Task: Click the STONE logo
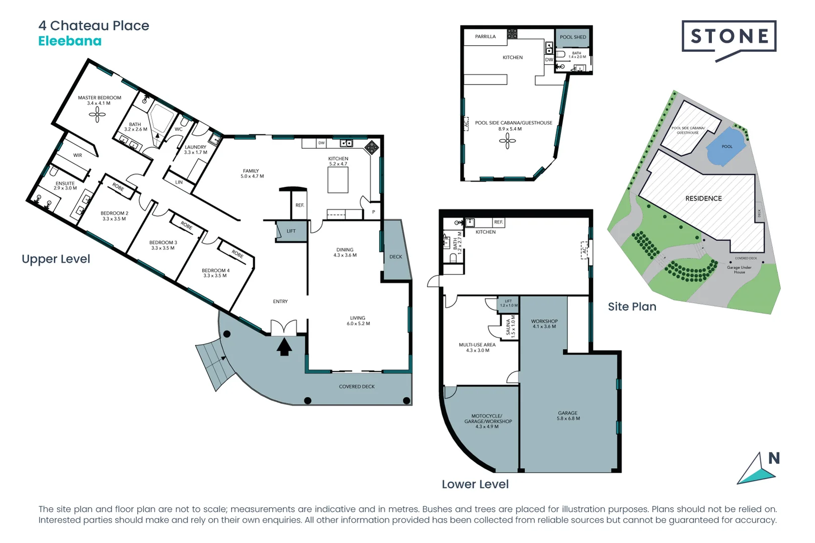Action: point(729,37)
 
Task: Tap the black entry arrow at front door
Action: point(284,347)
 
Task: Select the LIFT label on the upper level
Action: point(291,231)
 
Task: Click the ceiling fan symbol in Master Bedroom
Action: point(97,115)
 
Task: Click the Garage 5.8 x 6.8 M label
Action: point(568,416)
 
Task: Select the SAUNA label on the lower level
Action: point(509,327)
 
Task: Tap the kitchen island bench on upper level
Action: point(338,180)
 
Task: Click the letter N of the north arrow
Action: point(774,458)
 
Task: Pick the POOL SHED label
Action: point(573,37)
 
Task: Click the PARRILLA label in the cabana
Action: point(485,37)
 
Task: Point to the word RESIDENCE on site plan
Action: point(703,199)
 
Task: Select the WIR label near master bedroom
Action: point(77,155)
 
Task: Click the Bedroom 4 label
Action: point(215,273)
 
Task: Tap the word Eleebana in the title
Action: point(70,41)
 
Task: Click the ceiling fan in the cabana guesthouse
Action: point(507,141)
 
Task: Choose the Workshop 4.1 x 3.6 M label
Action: point(544,324)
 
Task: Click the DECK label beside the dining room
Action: point(396,257)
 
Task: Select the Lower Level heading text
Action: point(475,484)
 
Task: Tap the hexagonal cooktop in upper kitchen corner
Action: point(372,147)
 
